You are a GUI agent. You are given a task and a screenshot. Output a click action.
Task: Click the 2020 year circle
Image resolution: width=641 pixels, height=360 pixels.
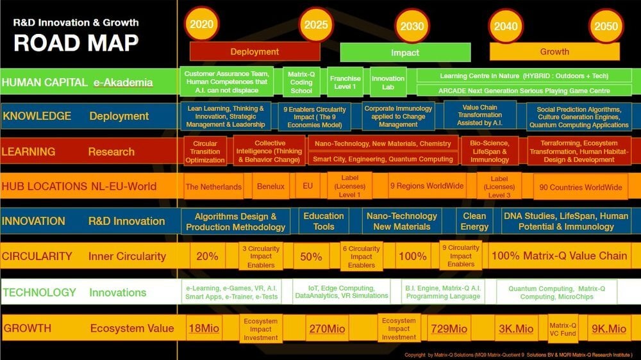click(201, 25)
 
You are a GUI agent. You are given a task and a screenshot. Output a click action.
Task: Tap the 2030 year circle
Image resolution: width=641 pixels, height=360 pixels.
click(412, 27)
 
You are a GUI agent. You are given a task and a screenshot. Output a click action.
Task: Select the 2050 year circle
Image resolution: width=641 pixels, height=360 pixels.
click(606, 26)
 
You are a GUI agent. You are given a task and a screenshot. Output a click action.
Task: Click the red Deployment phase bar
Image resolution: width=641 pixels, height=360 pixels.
click(254, 51)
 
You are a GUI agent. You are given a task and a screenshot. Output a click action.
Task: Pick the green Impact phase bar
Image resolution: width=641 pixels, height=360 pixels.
click(405, 53)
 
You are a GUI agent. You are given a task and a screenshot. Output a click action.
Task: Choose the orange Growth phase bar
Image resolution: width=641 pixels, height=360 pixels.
click(554, 51)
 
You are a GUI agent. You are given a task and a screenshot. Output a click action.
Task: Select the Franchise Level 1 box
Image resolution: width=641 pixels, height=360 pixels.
click(345, 82)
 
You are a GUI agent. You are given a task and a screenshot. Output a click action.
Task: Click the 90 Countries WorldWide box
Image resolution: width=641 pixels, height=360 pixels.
click(581, 187)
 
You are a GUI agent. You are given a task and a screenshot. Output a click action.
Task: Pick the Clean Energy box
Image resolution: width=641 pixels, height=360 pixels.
click(474, 221)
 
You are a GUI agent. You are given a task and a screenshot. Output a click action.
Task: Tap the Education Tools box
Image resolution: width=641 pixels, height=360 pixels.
click(324, 221)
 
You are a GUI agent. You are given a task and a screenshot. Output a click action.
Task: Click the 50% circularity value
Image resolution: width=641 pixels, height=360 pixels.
click(311, 256)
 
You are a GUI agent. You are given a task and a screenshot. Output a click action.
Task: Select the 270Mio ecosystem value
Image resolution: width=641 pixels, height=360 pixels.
click(327, 329)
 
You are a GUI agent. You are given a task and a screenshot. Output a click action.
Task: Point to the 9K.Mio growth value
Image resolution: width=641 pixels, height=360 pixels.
click(608, 329)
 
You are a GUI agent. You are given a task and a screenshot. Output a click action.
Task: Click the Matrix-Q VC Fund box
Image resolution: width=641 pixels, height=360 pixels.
click(563, 329)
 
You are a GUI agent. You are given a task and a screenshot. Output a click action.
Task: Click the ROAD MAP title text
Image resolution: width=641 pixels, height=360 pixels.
click(76, 42)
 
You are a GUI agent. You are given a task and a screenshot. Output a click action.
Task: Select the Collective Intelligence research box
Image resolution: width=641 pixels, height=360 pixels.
click(269, 151)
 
